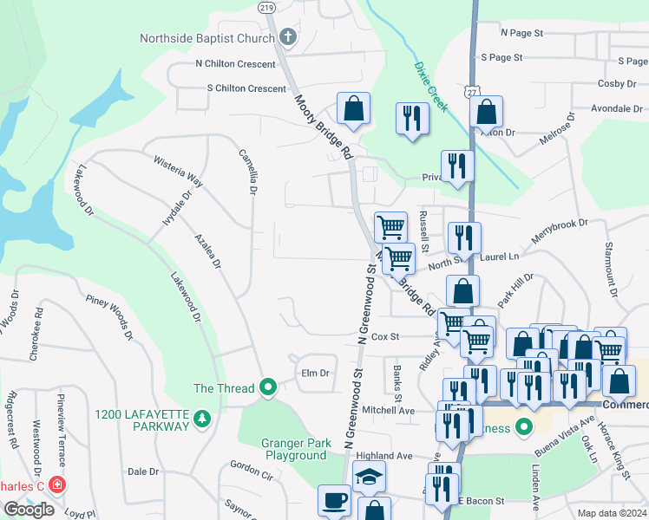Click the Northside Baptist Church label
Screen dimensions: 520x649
[x=207, y=38]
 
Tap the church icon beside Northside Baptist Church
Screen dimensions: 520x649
[x=288, y=38]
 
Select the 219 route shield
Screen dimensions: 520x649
[x=266, y=6]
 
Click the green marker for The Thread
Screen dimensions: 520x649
[x=268, y=387]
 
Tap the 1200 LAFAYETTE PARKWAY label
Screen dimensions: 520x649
[x=143, y=419]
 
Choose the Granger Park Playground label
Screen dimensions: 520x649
[x=296, y=449]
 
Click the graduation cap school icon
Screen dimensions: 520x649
[x=370, y=477]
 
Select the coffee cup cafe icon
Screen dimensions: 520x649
[x=335, y=501]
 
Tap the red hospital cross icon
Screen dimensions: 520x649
[x=57, y=484]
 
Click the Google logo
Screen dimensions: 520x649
[x=28, y=510]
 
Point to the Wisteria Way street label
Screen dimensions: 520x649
[x=178, y=172]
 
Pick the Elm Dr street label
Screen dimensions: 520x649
[x=315, y=374]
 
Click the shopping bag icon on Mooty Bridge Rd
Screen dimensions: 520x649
[x=353, y=109]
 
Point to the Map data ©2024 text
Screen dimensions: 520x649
[x=611, y=513]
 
